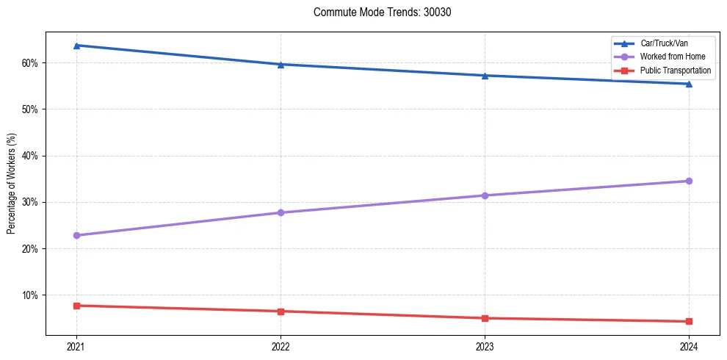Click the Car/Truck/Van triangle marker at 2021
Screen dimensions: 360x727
pyautogui.click(x=76, y=46)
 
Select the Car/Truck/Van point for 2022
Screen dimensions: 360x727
pyautogui.click(x=281, y=65)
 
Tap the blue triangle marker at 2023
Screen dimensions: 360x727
pyautogui.click(x=485, y=76)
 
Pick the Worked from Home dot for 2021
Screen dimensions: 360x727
pyautogui.click(x=76, y=236)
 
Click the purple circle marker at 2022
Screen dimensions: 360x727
pyautogui.click(x=281, y=213)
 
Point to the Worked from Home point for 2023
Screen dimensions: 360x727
pyautogui.click(x=485, y=195)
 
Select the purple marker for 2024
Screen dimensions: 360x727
pyautogui.click(x=689, y=181)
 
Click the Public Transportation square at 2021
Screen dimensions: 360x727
pyautogui.click(x=76, y=306)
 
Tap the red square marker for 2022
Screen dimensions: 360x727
pyautogui.click(x=281, y=312)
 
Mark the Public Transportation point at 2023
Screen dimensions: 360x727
pyautogui.click(x=485, y=318)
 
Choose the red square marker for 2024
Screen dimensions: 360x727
pyautogui.click(x=689, y=321)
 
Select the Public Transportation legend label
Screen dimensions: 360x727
pyautogui.click(x=676, y=71)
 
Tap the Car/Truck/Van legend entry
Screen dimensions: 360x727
pyautogui.click(x=664, y=43)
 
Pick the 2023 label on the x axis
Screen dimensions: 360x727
pyautogui.click(x=485, y=346)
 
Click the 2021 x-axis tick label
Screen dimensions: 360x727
pyautogui.click(x=76, y=346)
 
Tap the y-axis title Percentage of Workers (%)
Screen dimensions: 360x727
pyautogui.click(x=11, y=184)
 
